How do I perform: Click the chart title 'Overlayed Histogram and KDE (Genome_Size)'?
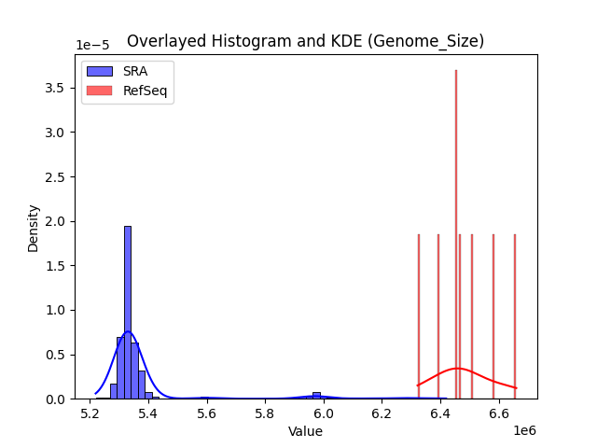point(305,41)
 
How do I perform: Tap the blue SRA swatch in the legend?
point(99,71)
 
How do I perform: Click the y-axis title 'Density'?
point(34,228)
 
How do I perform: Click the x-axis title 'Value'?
point(305,432)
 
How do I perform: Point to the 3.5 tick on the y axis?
point(56,89)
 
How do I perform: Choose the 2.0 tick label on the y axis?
point(56,221)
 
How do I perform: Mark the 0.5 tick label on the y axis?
point(56,355)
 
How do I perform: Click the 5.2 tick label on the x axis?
point(90,413)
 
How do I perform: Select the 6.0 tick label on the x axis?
point(324,413)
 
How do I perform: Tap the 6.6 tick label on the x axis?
point(499,413)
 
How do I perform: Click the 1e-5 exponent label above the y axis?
point(93,46)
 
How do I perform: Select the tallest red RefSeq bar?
point(455,233)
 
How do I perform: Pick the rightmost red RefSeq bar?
point(514,317)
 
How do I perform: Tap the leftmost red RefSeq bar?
point(418,317)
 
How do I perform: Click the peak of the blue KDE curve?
point(127,332)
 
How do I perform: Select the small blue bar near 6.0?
point(316,396)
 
